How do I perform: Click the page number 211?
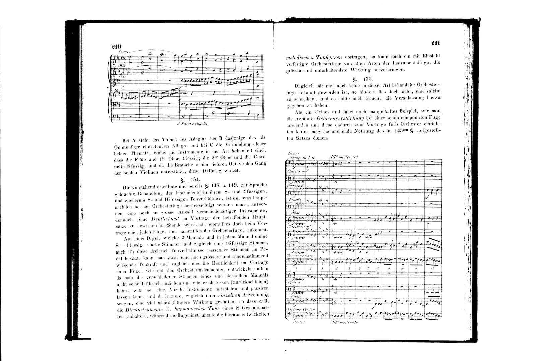tap(435, 43)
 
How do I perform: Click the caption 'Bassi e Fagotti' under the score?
tap(193, 123)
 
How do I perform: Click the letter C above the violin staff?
tap(123, 88)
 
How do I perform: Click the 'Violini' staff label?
tap(294, 282)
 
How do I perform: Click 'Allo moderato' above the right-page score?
tap(344, 157)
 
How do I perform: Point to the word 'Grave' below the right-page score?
tap(297, 322)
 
